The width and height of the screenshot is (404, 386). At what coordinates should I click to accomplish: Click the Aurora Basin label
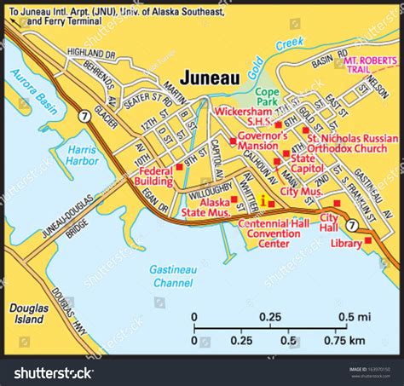(x=30, y=93)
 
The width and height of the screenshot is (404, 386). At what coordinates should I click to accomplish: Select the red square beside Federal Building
(x=178, y=168)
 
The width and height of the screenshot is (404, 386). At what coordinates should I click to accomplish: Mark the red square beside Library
(x=368, y=240)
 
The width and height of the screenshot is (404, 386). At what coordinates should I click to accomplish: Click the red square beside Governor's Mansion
(x=233, y=141)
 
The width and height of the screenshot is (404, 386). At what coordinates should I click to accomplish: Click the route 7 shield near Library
(x=352, y=226)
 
